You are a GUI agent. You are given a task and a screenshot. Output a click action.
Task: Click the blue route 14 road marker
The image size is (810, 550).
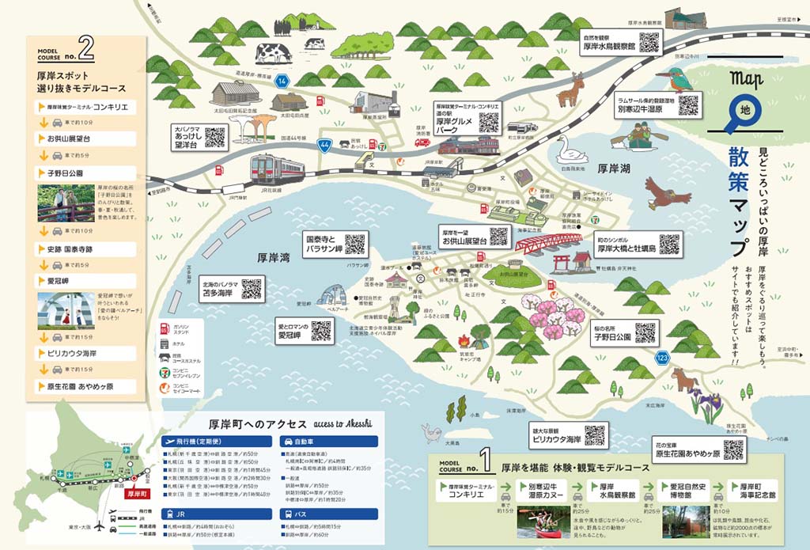click(282, 82)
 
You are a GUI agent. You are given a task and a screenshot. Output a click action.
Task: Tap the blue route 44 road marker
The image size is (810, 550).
click(325, 145)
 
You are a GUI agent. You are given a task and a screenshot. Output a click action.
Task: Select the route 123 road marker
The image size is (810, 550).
click(662, 358)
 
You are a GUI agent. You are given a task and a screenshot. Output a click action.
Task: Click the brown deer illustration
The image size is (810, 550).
click(570, 91)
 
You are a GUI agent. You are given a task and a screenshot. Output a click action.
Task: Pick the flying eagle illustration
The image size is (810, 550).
click(667, 192)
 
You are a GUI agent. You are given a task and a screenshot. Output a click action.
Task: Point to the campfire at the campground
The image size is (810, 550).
click(464, 341)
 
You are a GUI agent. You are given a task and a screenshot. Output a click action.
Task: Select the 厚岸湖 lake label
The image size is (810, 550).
click(614, 169)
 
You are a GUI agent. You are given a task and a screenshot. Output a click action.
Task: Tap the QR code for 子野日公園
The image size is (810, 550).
click(645, 333)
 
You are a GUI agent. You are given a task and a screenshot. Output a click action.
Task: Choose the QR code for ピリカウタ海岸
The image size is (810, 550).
click(594, 434)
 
